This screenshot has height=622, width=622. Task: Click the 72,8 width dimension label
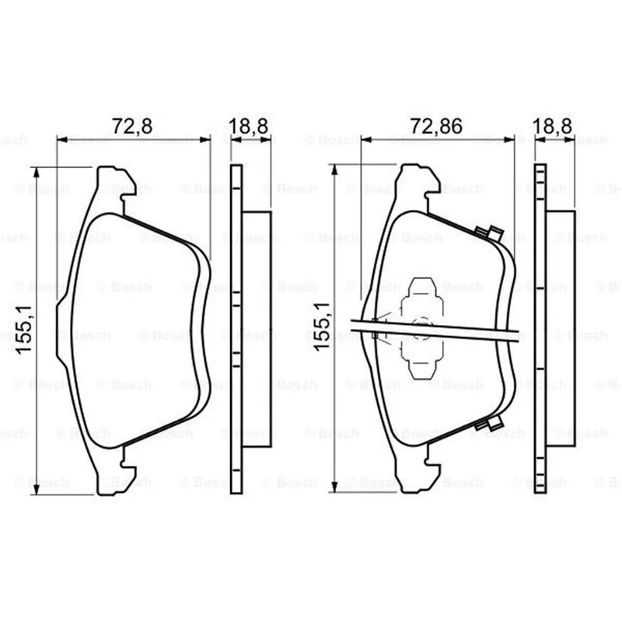click(132, 126)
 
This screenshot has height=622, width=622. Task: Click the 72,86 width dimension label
click(436, 126)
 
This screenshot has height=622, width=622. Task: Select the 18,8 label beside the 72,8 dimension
click(249, 126)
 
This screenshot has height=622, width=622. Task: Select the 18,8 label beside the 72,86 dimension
click(552, 126)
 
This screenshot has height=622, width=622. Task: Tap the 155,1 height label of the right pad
click(321, 326)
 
